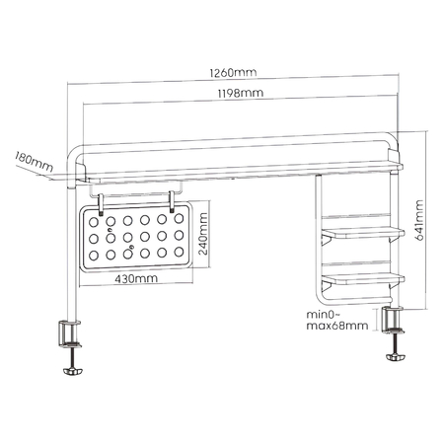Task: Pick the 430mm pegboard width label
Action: tap(134, 279)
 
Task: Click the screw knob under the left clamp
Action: tap(72, 372)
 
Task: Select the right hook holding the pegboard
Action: tap(172, 200)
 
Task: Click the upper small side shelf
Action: tap(363, 233)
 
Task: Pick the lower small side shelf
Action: tap(363, 277)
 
